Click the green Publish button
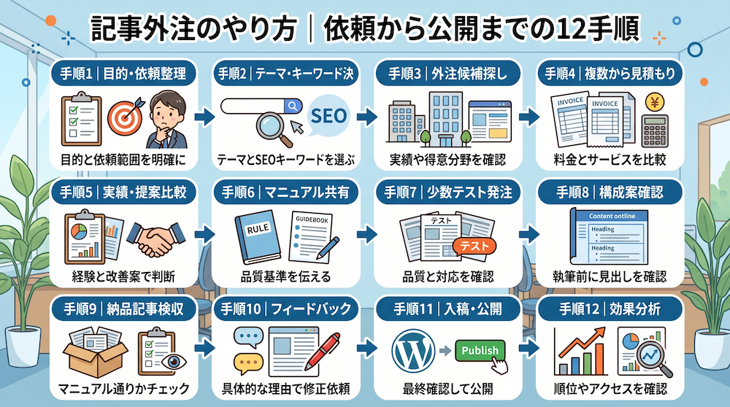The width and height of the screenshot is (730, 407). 480,350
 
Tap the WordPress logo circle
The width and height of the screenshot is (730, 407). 413,351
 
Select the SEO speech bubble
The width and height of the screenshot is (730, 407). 328,116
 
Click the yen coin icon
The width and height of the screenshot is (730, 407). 655,101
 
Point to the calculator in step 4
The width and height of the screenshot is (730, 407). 655,131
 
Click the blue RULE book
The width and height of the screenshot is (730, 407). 258,237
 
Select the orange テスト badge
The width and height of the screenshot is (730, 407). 474,246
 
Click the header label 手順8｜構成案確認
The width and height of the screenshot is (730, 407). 610,193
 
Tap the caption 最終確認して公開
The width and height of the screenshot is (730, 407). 448,388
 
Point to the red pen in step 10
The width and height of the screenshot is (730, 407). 323,351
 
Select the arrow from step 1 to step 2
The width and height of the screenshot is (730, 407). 205,117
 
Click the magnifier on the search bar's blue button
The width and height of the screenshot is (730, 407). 293,106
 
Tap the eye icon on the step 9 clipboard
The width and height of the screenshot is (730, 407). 174,362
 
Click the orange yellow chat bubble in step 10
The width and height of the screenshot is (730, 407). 248,363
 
